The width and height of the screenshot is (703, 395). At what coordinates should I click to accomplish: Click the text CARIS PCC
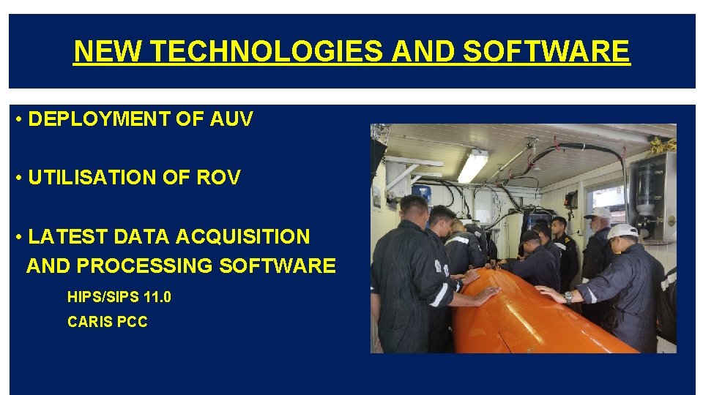click(107, 322)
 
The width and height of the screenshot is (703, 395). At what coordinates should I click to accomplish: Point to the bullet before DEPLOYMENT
click(18, 120)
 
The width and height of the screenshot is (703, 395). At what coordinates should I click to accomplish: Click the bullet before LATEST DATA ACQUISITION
click(18, 237)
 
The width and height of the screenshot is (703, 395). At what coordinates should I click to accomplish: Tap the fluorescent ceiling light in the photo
click(472, 166)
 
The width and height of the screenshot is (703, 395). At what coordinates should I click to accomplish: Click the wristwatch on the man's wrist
click(569, 297)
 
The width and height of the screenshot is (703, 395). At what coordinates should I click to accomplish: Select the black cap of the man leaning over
click(529, 236)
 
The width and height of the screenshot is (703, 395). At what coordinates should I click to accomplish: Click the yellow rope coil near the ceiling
click(663, 146)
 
